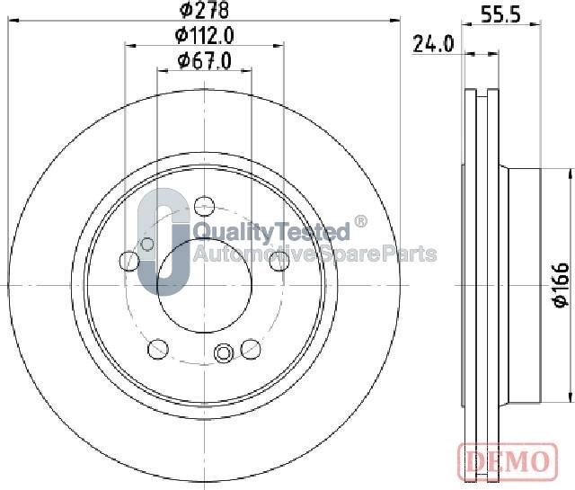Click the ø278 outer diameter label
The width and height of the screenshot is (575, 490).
(x=205, y=11)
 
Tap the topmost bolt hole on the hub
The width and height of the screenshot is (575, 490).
(x=204, y=205)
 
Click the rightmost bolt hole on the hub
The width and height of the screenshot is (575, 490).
(x=279, y=261)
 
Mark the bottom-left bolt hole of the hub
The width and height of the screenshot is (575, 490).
(x=158, y=346)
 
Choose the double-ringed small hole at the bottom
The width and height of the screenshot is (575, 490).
(x=224, y=352)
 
